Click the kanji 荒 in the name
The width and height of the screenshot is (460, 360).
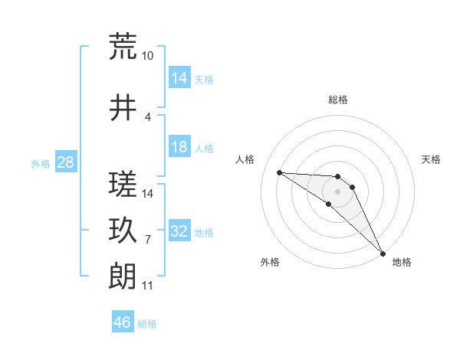[123, 47]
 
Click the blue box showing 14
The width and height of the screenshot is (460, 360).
[179, 78]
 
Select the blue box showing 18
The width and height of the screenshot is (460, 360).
[179, 147]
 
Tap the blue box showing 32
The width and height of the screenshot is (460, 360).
[179, 231]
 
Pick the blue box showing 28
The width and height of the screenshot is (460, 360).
[64, 162]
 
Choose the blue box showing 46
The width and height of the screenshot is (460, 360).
[123, 322]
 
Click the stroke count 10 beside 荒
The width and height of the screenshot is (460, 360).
[147, 56]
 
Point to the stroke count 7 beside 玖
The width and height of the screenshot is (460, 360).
[147, 240]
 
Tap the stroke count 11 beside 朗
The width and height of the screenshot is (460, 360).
[147, 286]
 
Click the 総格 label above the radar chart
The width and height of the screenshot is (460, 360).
[338, 100]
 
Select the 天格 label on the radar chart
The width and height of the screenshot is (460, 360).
[432, 159]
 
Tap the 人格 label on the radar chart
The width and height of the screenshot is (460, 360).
[245, 159]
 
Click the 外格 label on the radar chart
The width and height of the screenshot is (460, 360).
[270, 262]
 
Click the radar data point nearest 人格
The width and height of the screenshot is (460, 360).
[279, 172]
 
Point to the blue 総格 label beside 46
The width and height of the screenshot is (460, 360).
[148, 323]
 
